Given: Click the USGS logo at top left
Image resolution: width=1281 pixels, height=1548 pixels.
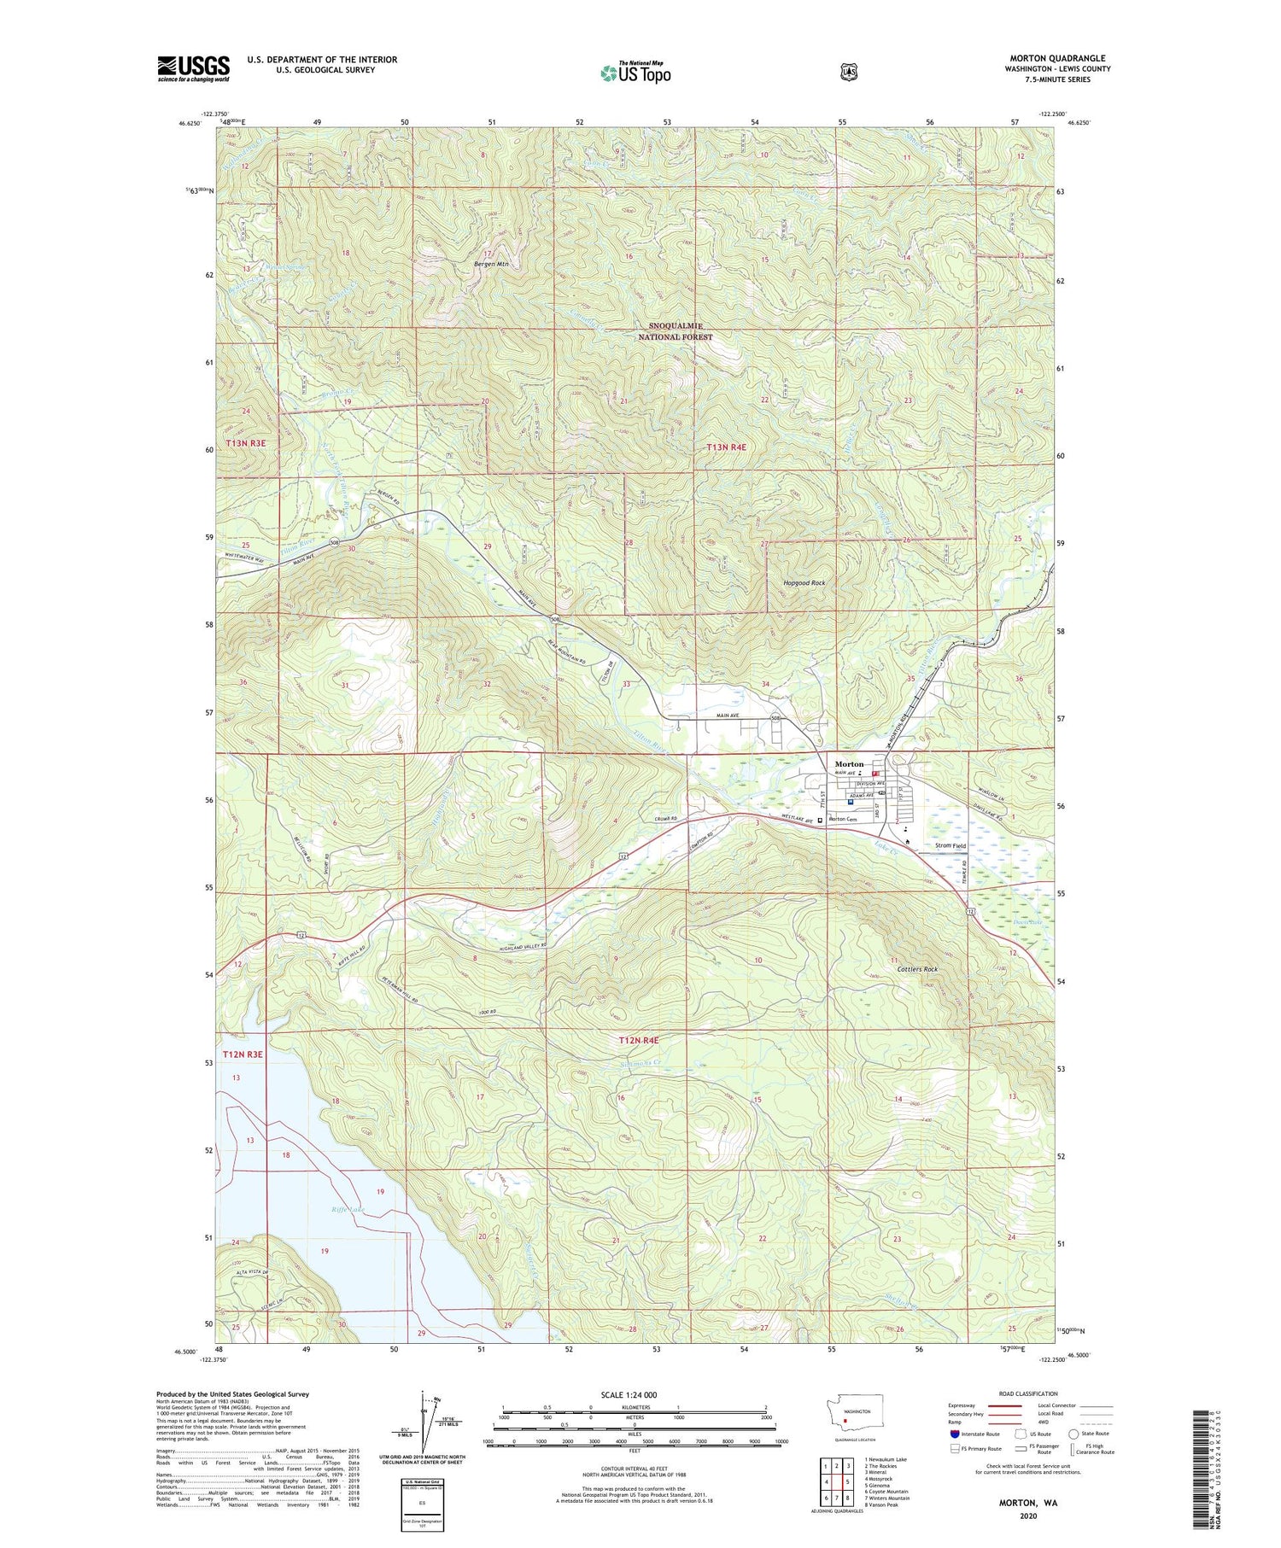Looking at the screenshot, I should (193, 68).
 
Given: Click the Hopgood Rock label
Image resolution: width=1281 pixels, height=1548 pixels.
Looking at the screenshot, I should (804, 582).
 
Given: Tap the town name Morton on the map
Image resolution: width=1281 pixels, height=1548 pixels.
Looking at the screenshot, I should (849, 763).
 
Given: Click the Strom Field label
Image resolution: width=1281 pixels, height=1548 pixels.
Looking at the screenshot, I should (951, 845).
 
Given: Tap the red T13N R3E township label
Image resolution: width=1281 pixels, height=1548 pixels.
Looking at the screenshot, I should (246, 443).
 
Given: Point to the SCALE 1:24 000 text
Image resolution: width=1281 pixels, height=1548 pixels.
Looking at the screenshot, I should (629, 1394).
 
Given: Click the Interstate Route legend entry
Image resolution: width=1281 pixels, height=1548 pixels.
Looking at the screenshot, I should (973, 1434).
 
